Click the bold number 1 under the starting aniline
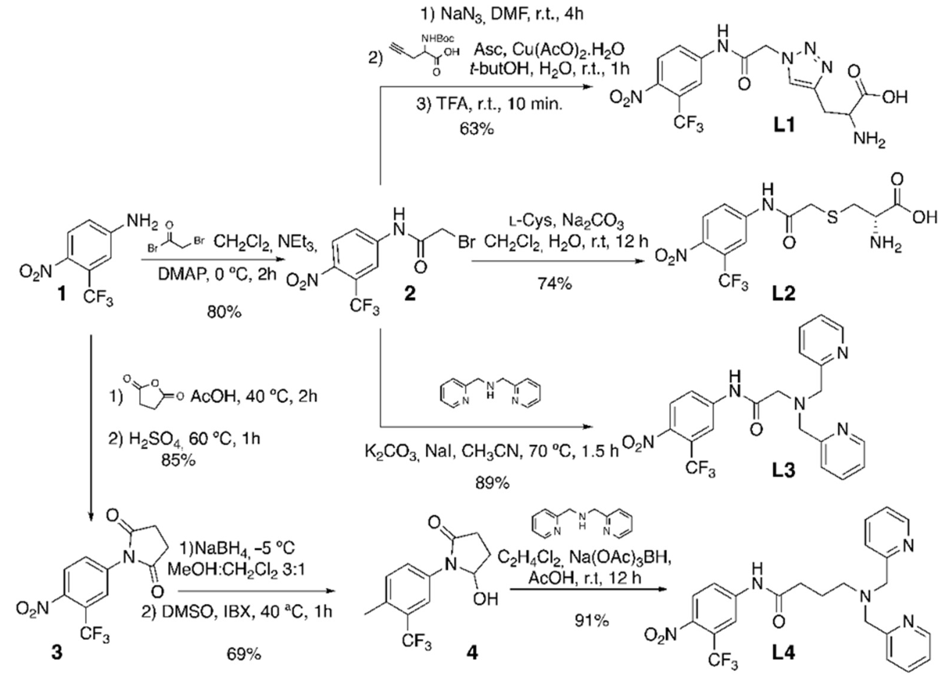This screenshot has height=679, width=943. (x=62, y=294)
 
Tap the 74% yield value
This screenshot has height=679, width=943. (x=555, y=284)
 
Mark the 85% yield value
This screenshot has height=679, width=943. (x=178, y=460)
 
